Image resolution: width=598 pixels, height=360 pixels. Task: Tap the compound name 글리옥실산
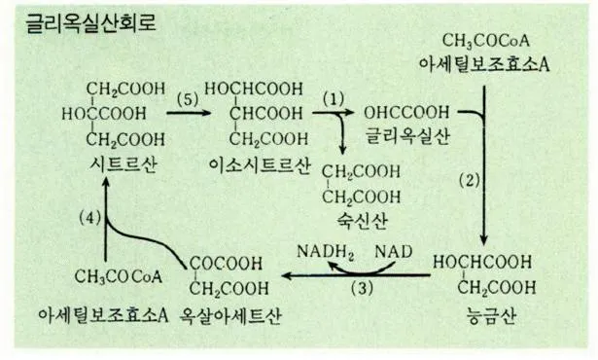tap(404, 135)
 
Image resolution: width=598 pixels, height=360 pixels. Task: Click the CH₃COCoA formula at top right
tap(483, 41)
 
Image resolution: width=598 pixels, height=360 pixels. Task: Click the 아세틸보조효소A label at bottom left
tap(101, 315)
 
